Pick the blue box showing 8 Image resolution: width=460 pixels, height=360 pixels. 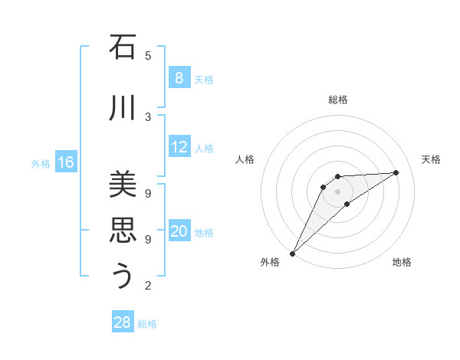click(x=179, y=77)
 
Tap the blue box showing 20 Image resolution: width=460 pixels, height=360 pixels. click(x=179, y=231)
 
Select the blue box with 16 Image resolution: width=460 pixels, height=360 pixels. click(x=66, y=162)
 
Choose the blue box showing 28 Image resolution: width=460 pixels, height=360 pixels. click(x=123, y=322)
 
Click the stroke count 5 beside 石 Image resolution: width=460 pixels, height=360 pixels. click(x=148, y=55)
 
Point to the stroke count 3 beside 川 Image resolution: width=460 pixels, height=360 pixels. click(x=148, y=116)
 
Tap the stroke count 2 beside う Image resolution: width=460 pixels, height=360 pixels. click(x=148, y=286)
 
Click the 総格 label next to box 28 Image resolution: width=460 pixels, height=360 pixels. click(x=147, y=324)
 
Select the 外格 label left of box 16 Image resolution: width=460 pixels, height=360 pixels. click(x=41, y=163)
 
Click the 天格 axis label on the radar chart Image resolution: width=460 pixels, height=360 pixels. click(x=431, y=159)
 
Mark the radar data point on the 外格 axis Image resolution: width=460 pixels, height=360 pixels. click(x=292, y=254)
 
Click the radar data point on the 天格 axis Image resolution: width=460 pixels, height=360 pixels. click(x=396, y=172)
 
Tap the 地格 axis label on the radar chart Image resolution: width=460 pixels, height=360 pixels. click(x=402, y=262)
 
